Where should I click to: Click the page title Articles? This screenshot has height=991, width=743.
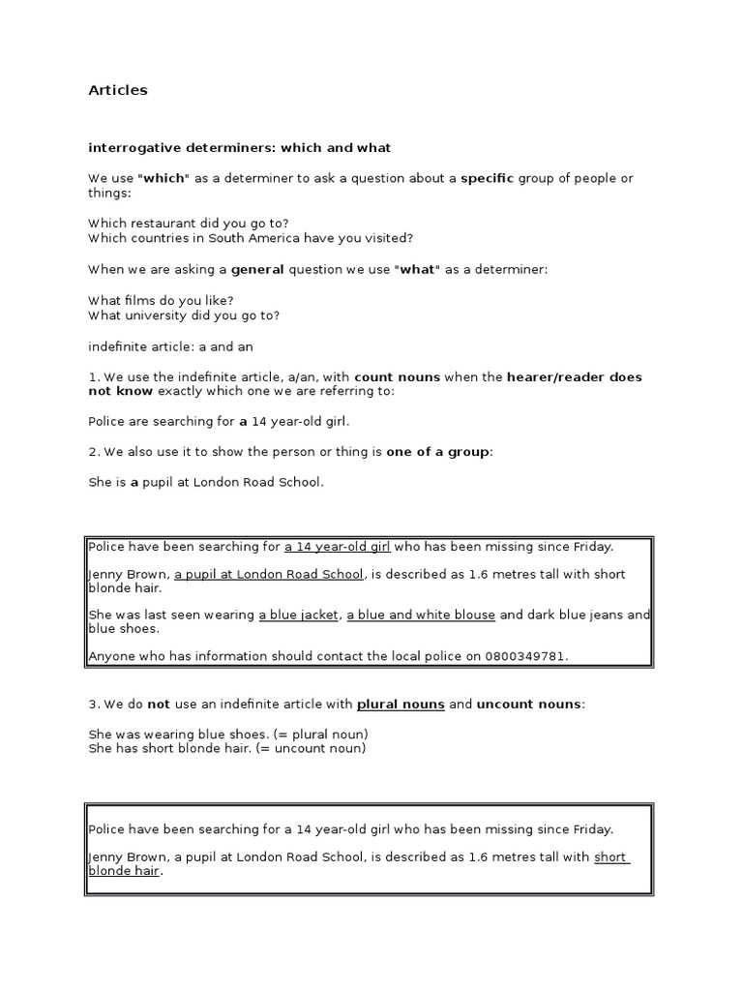(x=118, y=90)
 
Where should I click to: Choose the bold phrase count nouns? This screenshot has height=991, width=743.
(x=398, y=376)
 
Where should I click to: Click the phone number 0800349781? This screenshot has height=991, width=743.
(x=523, y=656)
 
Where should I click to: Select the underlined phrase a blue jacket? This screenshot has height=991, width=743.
(x=298, y=615)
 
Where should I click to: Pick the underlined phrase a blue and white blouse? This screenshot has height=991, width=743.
(x=421, y=615)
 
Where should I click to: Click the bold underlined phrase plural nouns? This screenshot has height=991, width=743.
(x=401, y=704)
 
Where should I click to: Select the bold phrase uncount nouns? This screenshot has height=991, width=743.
(x=529, y=704)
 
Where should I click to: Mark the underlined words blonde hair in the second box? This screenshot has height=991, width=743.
(x=124, y=871)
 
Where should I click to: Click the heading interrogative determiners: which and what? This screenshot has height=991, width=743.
(x=240, y=148)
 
